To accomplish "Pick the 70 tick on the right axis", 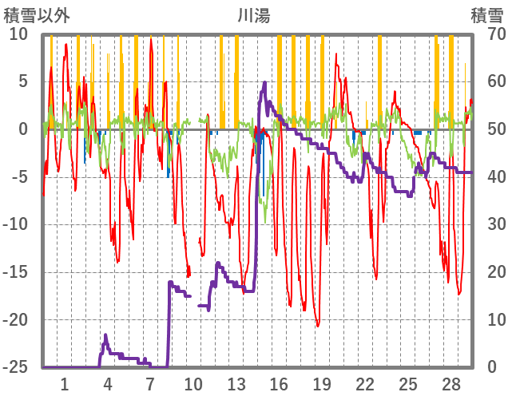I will tap(486, 34).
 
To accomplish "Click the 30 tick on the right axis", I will tap(486, 224).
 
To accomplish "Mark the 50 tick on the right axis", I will tap(486, 129).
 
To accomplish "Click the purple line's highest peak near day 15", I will tap(264, 82).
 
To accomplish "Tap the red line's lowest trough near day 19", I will tap(317, 326).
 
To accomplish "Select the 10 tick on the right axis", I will tap(486, 319).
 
